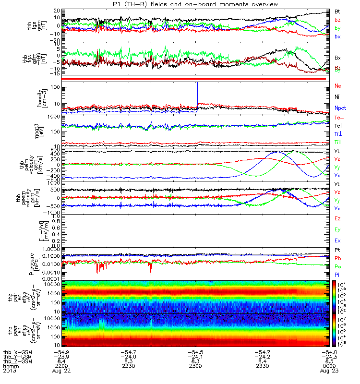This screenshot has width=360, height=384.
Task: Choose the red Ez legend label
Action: point(337,219)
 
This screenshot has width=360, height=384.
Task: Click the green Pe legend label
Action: point(337,266)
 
